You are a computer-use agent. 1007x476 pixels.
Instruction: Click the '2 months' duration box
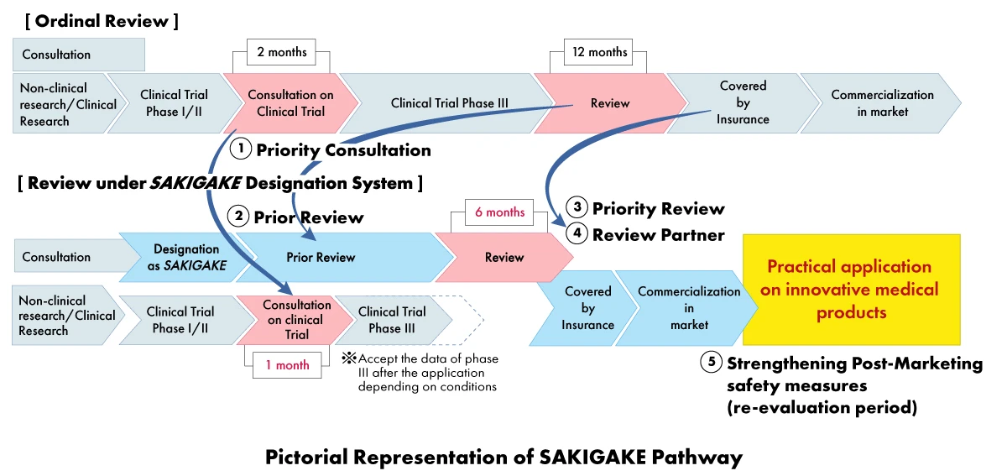tap(281, 52)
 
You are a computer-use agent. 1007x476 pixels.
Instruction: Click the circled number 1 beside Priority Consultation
tap(241, 149)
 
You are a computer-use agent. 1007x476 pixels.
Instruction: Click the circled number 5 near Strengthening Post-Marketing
tap(710, 364)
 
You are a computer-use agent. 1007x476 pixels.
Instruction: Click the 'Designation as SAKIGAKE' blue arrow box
tap(186, 257)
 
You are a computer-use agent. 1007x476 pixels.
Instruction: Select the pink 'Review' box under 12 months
tap(610, 103)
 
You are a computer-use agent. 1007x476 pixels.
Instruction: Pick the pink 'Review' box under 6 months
tap(504, 257)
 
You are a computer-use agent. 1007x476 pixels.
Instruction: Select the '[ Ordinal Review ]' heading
tap(98, 19)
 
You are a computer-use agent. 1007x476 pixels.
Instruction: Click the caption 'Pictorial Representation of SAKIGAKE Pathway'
tap(503, 458)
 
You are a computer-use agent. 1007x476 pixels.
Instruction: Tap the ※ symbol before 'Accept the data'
tap(348, 358)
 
